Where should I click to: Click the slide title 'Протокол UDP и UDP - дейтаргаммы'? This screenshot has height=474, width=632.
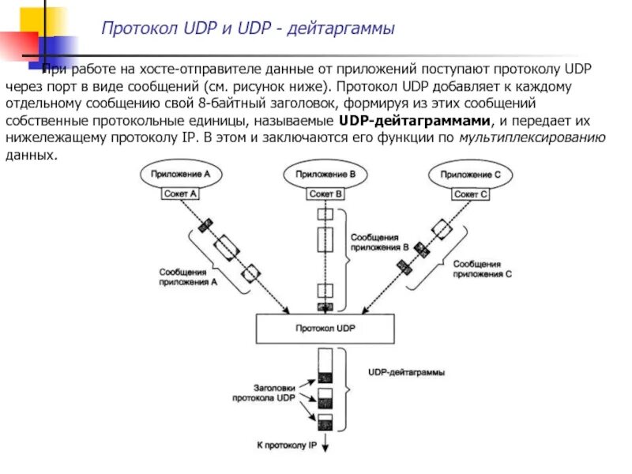click(247, 29)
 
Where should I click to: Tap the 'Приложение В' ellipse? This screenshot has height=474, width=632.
click(325, 174)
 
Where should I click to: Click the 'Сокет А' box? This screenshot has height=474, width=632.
click(180, 193)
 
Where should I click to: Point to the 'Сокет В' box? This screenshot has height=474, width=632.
click(325, 193)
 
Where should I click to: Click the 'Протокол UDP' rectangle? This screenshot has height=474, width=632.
click(325, 327)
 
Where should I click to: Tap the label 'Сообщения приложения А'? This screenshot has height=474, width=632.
click(188, 276)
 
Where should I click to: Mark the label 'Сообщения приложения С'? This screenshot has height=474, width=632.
click(482, 269)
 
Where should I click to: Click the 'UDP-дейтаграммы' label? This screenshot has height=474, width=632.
click(406, 371)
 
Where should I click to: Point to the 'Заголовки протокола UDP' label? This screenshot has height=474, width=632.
click(264, 393)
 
